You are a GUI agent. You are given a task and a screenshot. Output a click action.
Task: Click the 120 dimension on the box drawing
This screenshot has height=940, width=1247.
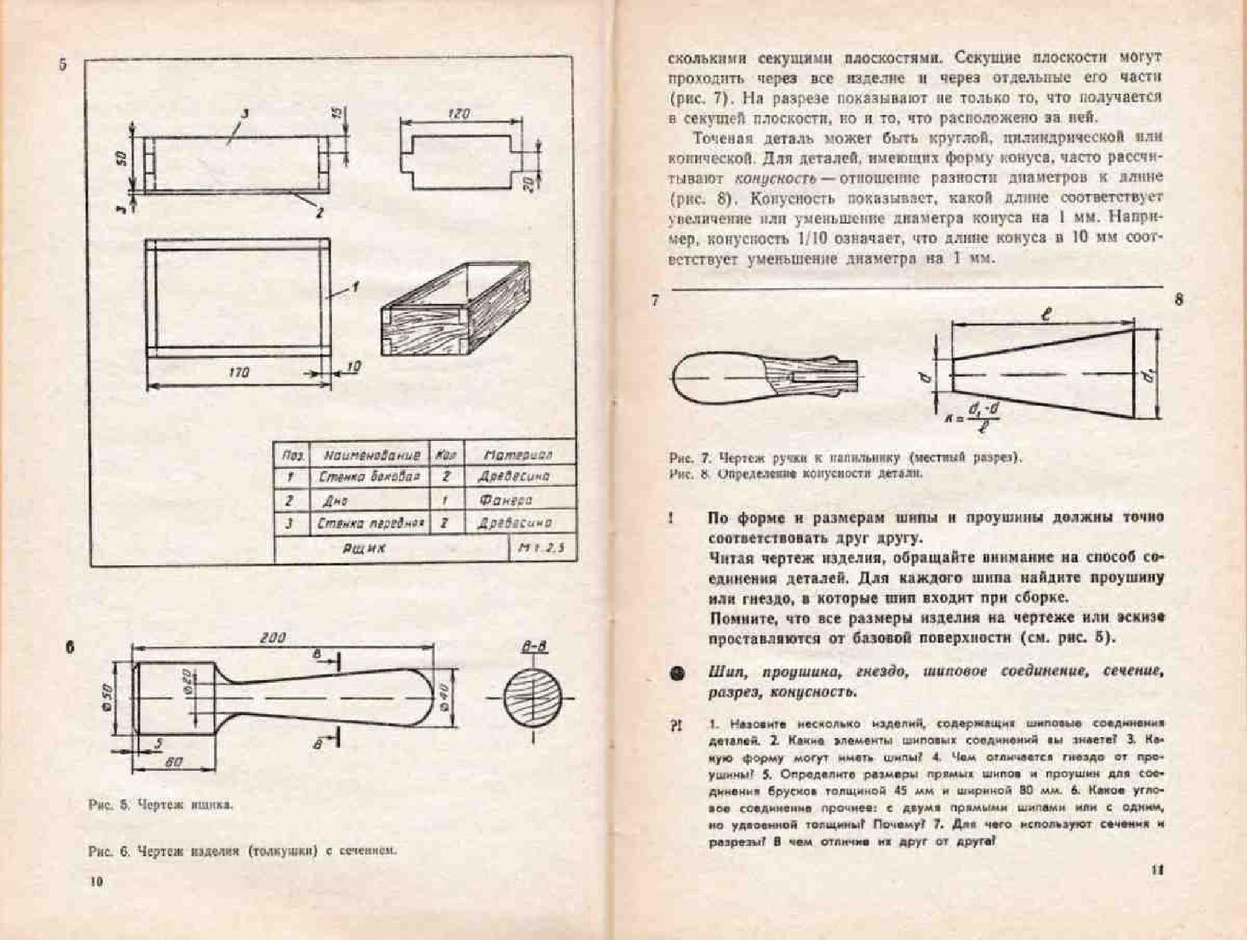click(x=459, y=114)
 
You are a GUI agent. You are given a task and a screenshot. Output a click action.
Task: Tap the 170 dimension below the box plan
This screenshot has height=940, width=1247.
click(x=239, y=372)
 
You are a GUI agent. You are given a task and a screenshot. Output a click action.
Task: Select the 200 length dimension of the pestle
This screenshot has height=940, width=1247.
click(x=272, y=638)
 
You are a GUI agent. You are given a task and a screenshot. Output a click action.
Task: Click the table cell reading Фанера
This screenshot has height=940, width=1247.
click(x=505, y=500)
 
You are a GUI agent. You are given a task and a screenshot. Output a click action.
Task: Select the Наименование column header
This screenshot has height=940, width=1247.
click(x=371, y=456)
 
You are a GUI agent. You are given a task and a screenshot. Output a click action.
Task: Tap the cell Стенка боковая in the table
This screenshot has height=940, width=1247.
click(x=369, y=477)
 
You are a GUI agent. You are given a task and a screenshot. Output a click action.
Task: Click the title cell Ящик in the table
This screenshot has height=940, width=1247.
click(x=364, y=548)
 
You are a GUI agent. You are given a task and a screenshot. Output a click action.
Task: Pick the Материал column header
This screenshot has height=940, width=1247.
click(x=518, y=456)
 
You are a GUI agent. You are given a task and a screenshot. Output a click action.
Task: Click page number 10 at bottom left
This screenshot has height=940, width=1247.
click(x=96, y=881)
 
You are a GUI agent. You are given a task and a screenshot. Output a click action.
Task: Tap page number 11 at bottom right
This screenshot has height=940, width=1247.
click(x=1157, y=870)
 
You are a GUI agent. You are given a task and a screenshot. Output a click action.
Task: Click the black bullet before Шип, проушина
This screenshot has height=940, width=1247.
click(x=677, y=673)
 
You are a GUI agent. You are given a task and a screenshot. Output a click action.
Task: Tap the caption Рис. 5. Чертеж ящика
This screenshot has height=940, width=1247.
click(x=161, y=804)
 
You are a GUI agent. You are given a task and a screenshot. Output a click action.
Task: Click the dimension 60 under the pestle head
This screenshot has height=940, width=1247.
click(x=174, y=762)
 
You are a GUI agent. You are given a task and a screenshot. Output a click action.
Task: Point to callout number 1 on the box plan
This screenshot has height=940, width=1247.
click(x=354, y=287)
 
